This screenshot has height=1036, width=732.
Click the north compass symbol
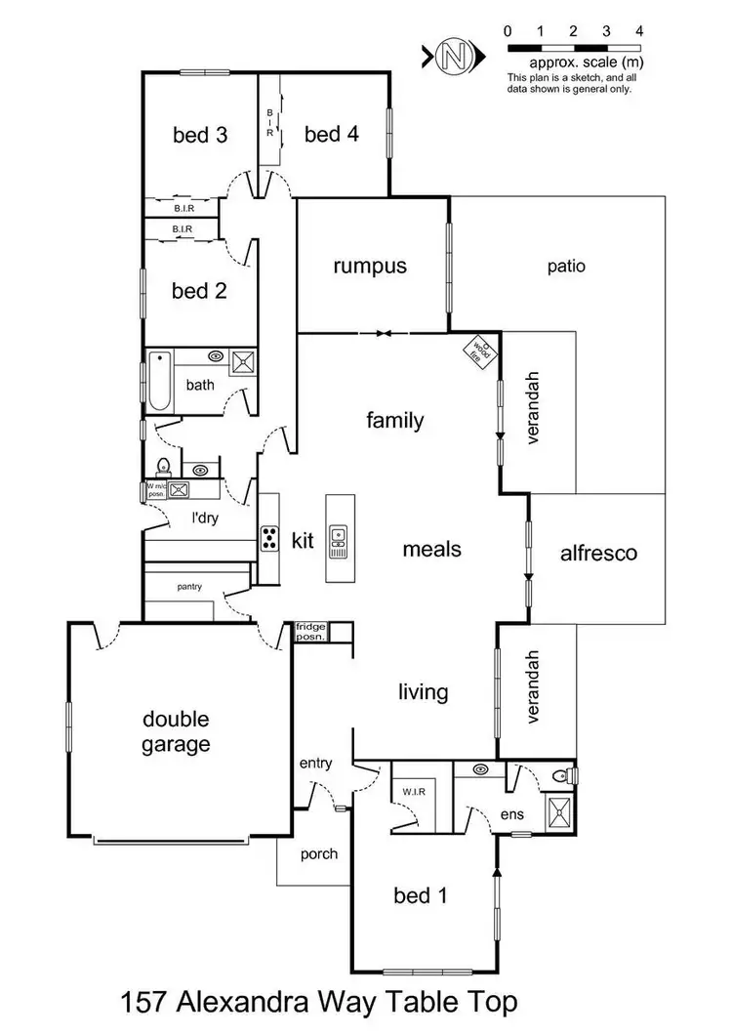pos(448,56)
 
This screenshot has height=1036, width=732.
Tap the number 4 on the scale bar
pos(639,31)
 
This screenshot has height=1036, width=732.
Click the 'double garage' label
pos(177,732)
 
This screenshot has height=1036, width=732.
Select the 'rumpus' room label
pos(369,266)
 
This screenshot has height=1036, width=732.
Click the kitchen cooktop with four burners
pos(270,538)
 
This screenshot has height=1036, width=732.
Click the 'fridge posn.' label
pos(312,631)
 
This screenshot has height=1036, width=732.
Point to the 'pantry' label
pos(189,587)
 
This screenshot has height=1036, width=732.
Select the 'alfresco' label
pos(598,554)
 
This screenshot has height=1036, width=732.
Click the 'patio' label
pos(566,266)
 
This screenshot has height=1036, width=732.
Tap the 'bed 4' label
pos(332,135)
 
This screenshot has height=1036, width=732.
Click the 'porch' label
pos(318,853)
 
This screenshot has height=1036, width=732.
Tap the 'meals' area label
pos(431,549)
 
